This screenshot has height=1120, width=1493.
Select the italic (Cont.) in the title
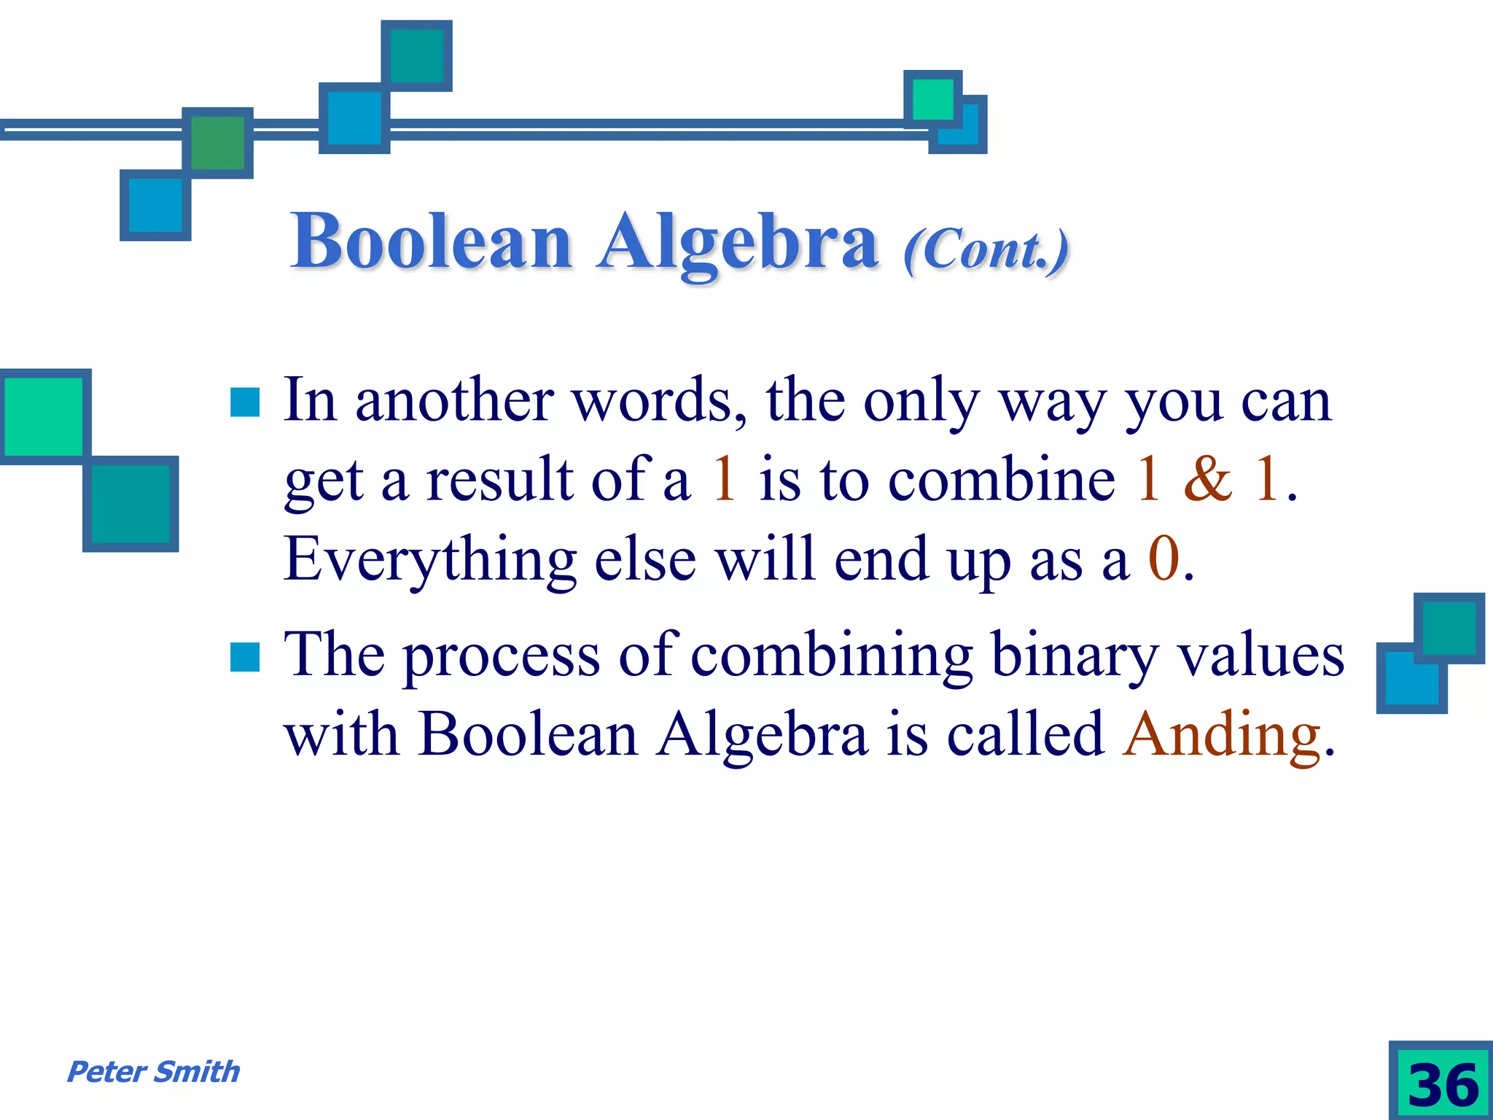point(986,249)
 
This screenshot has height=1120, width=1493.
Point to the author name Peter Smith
point(153,1072)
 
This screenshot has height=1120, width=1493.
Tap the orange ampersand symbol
point(1208,479)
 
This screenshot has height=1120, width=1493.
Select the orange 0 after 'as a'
point(1164,559)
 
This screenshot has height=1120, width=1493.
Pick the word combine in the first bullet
point(1001,479)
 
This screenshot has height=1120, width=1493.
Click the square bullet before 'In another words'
point(245,402)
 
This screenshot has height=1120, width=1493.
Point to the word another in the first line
point(454,400)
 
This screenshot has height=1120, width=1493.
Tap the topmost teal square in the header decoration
point(416,56)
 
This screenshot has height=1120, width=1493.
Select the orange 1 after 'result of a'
point(724,479)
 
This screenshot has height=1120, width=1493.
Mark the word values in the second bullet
point(1261,655)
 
